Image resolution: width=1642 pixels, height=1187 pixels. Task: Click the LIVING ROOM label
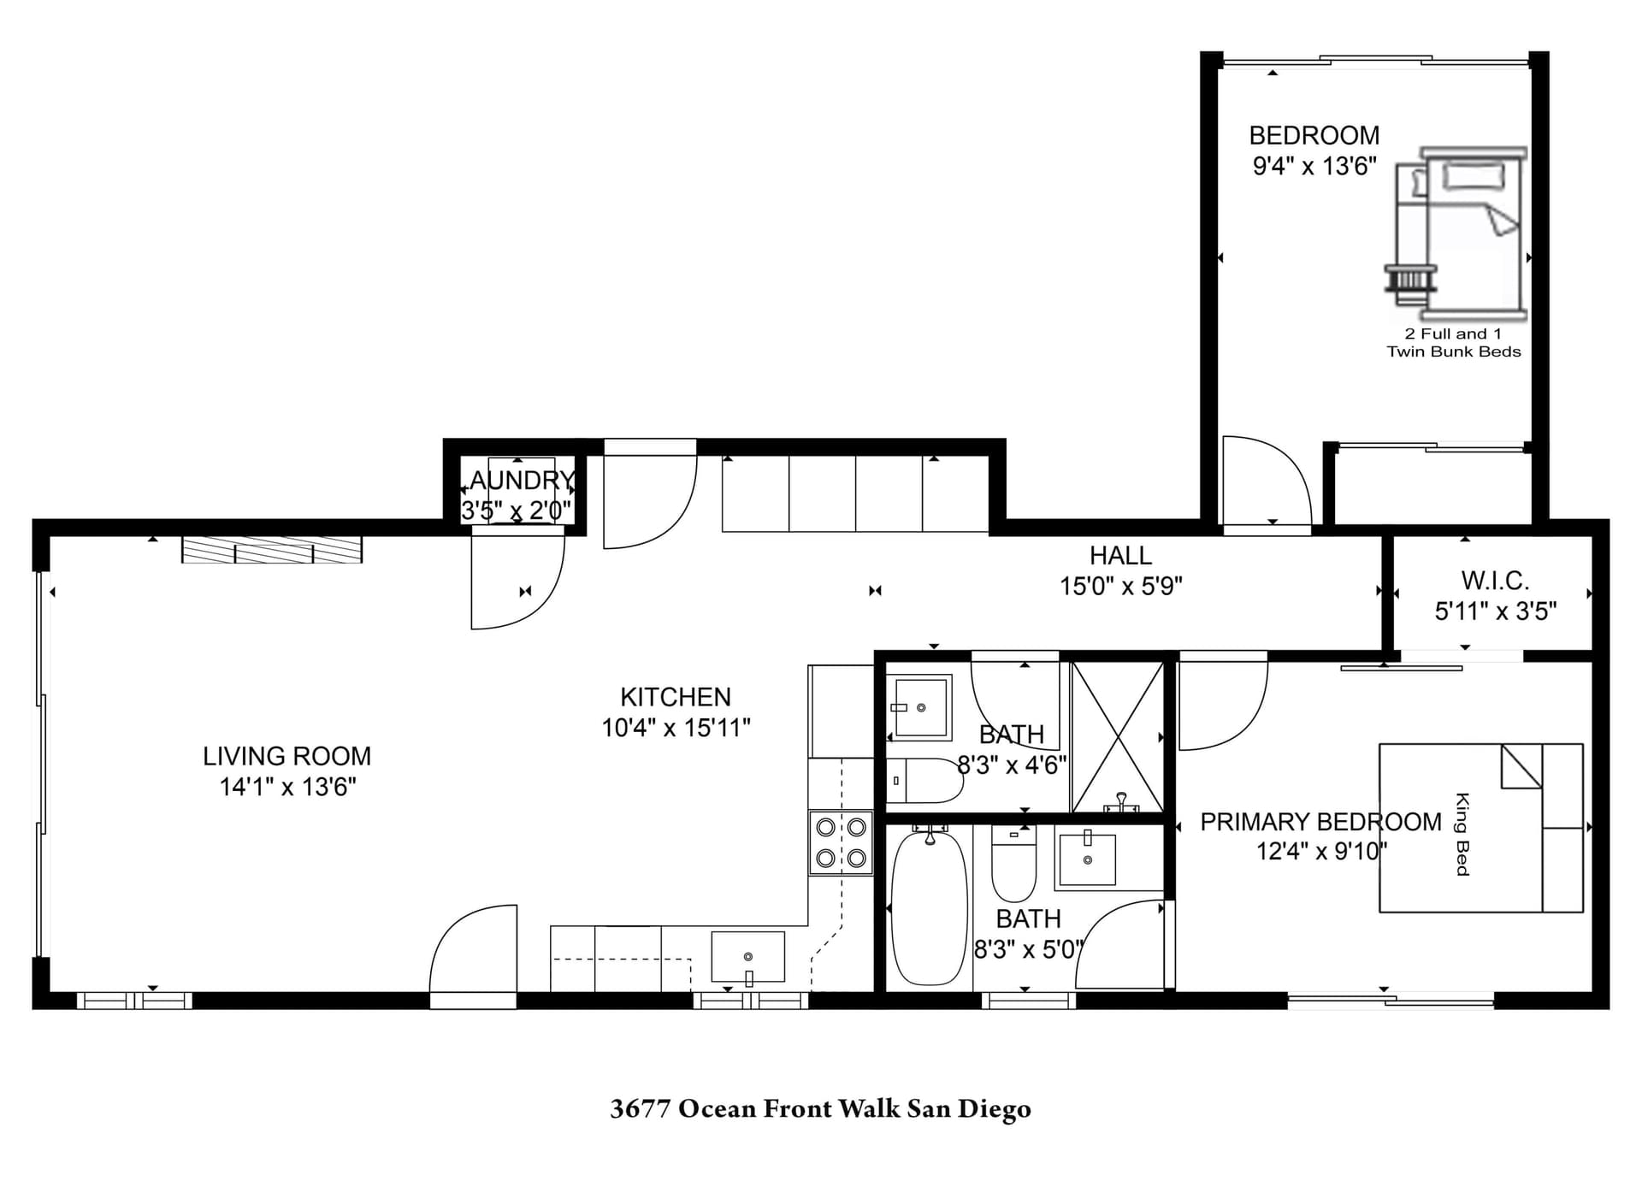click(x=286, y=756)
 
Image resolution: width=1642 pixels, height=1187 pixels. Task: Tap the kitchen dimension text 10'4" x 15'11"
click(x=676, y=728)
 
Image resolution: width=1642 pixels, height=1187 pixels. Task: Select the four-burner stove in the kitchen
click(x=841, y=842)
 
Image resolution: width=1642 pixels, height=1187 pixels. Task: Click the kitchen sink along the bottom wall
click(x=747, y=957)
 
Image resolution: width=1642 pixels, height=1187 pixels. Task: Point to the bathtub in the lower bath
click(x=929, y=908)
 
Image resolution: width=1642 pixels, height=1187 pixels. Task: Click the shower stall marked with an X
click(x=1117, y=737)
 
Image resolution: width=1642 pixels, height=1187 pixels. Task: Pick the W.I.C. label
click(x=1494, y=581)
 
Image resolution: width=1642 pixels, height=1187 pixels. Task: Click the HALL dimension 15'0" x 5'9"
click(x=1120, y=587)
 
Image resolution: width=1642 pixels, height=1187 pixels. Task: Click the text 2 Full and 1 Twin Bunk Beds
click(x=1453, y=343)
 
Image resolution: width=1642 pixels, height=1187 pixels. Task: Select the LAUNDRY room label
click(x=521, y=481)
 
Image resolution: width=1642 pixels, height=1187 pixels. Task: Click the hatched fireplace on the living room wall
click(x=272, y=550)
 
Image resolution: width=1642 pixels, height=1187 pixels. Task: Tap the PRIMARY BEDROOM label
click(x=1320, y=822)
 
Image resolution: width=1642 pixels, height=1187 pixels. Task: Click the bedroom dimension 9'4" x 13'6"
click(x=1314, y=166)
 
